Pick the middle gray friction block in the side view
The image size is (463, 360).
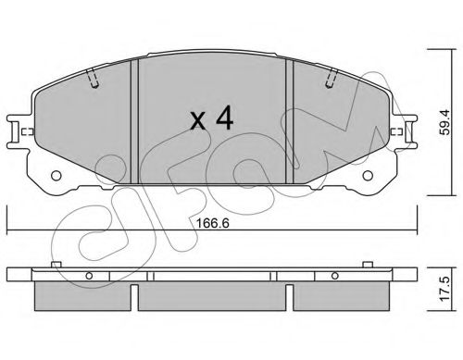(x=214, y=294)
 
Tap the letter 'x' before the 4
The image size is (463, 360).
(x=197, y=121)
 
